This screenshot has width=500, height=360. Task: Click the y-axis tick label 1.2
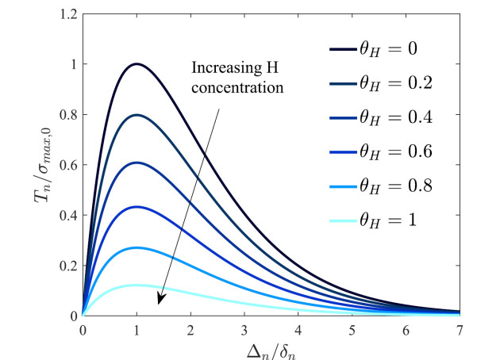pos(67,14)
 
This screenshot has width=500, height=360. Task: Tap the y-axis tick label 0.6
pos(67,165)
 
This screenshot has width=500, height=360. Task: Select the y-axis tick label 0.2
pos(67,266)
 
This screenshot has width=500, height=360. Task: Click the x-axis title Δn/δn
pos(271,348)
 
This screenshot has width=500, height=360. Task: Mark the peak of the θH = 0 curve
pos(137,64)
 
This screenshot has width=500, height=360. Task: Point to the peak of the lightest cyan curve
pos(137,285)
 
